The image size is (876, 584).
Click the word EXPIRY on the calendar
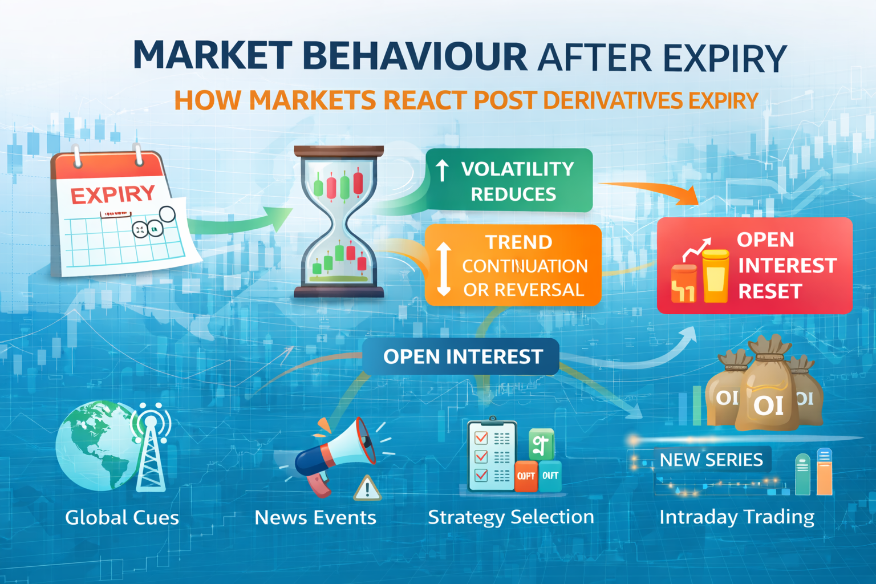coord(112,195)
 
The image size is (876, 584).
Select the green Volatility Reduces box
coord(509,181)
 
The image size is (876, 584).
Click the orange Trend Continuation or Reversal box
coord(513,265)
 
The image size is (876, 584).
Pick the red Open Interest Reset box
coord(754,266)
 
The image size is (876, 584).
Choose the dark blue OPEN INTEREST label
coord(461,357)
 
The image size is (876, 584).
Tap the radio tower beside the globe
coord(151,451)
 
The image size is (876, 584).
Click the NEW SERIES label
coord(711,460)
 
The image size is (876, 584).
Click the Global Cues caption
coord(122,518)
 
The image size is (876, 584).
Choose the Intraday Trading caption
coord(737,517)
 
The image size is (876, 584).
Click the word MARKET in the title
coord(212,56)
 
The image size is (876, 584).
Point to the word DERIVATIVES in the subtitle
coord(613,101)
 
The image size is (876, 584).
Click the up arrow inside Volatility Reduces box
coord(442,170)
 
